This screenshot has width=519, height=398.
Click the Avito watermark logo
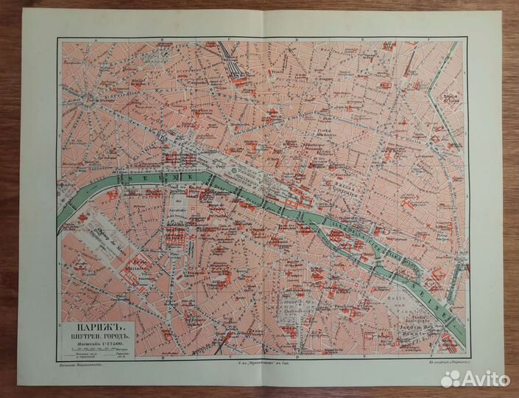tap(476, 377)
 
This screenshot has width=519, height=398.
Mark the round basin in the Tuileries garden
tap(234, 170)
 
